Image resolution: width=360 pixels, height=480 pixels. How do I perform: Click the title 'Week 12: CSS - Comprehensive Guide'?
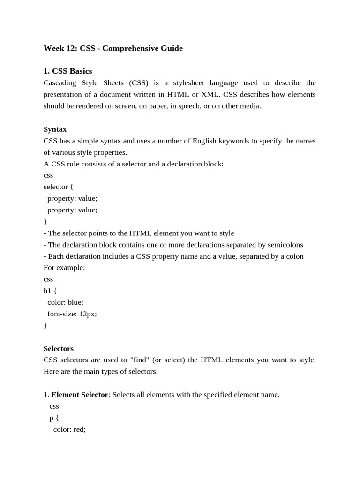pos(113,48)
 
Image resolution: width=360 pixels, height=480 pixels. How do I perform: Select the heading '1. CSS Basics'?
pos(67,71)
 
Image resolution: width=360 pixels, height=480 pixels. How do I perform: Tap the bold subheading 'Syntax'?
pos(55,129)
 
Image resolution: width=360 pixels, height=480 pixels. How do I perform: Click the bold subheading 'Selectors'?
pos(59,349)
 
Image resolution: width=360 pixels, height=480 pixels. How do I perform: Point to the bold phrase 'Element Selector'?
pos(80,395)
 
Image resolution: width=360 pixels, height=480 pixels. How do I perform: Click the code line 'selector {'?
pos(59,187)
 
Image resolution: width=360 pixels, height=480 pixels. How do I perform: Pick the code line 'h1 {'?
pos(50,291)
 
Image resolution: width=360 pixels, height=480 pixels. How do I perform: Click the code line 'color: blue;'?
pos(65,302)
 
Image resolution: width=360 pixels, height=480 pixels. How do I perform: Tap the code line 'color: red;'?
pos(69,429)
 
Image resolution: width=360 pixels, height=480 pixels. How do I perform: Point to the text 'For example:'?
pos(64,268)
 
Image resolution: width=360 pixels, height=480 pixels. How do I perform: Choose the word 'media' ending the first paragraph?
pos(250,106)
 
